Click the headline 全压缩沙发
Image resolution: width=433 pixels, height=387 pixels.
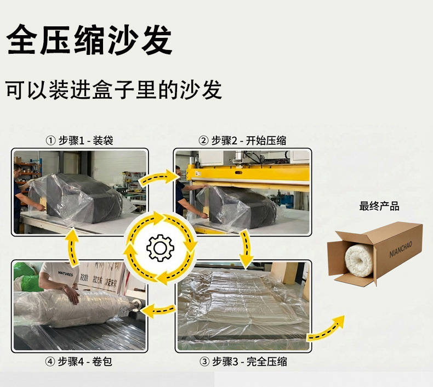(x=90, y=40)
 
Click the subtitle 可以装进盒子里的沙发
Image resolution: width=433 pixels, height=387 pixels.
(x=114, y=89)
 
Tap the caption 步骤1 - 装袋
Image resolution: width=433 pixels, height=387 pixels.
(x=79, y=141)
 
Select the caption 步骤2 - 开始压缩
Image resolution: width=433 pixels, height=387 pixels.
(x=242, y=141)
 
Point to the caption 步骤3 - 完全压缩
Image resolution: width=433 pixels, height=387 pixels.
(x=243, y=361)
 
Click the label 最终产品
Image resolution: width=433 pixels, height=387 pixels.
(x=379, y=206)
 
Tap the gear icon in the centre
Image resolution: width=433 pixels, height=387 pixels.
(x=160, y=248)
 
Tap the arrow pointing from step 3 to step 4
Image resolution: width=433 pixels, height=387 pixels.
(x=162, y=310)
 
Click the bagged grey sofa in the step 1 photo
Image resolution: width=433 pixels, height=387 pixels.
(x=82, y=198)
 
